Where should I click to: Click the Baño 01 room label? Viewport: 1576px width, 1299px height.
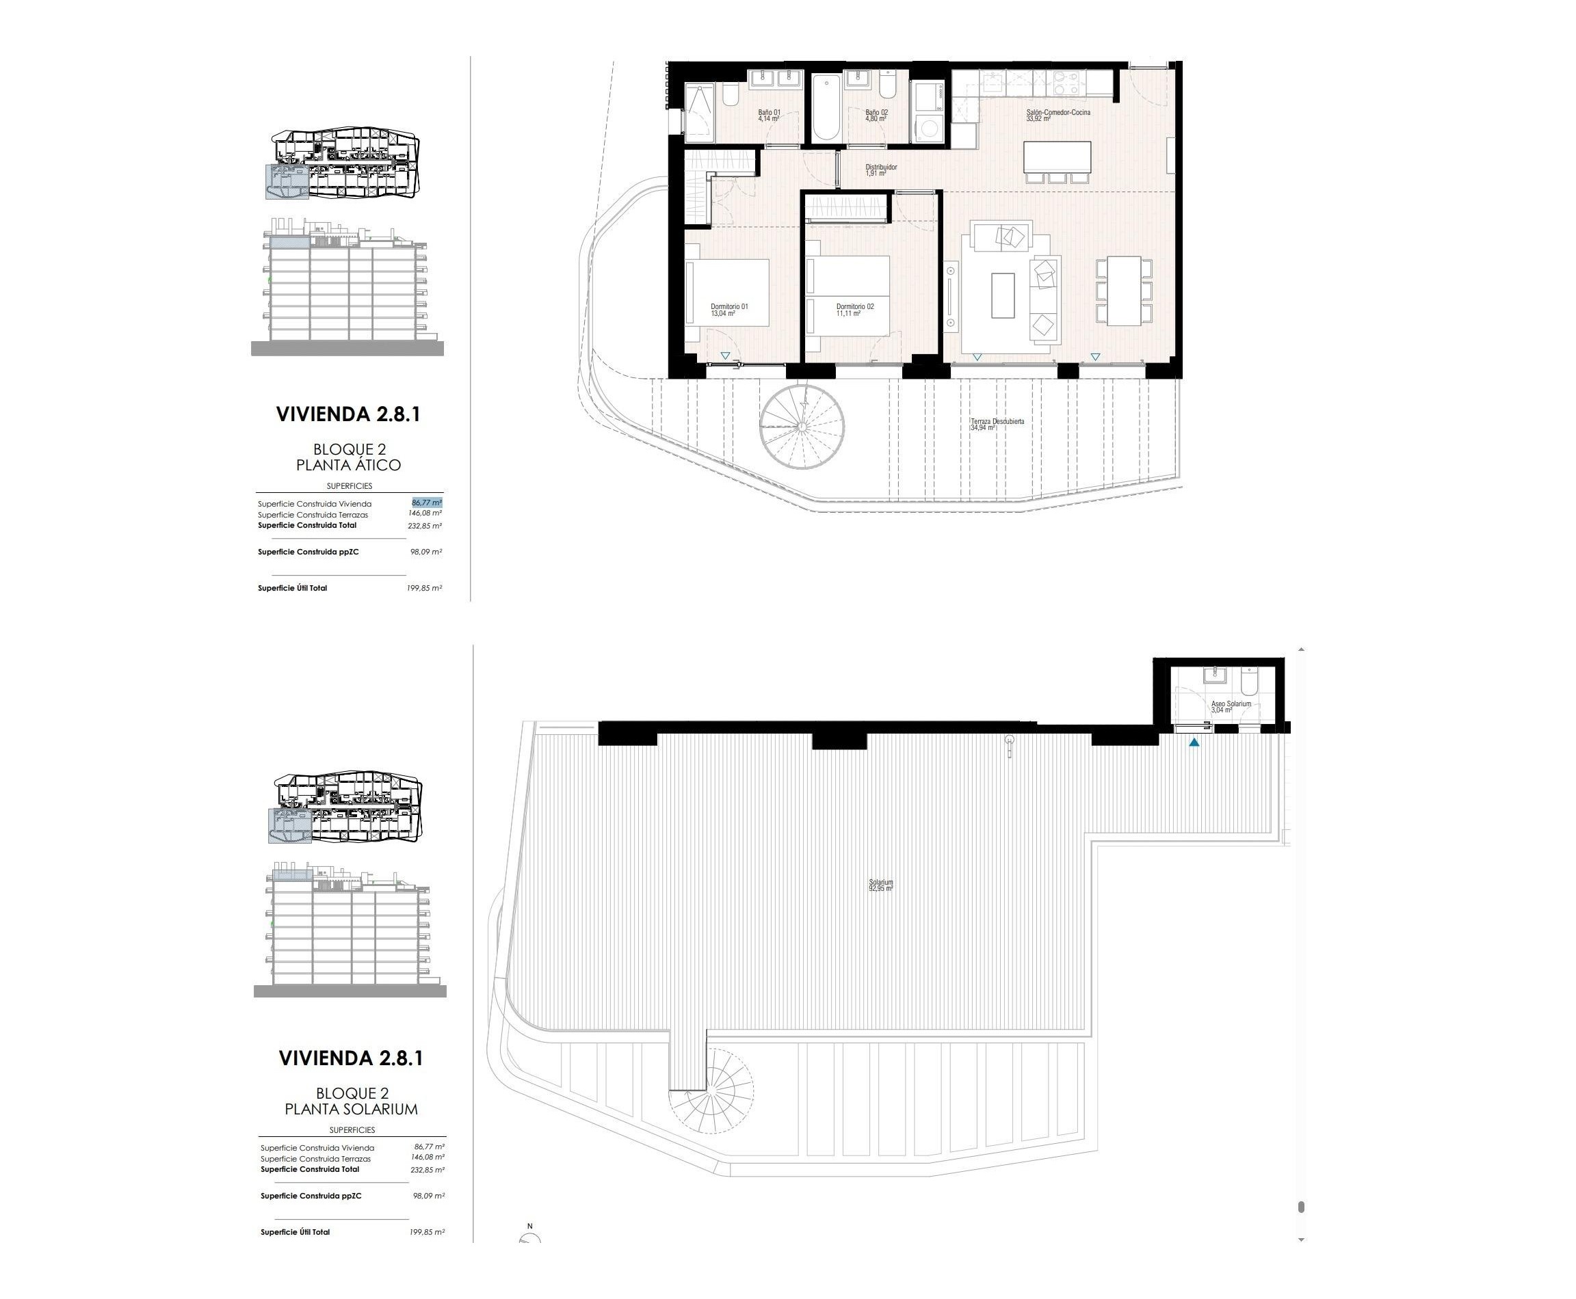coord(768,116)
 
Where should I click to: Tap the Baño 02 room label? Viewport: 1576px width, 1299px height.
coord(876,116)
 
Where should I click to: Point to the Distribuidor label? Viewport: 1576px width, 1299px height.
coord(880,170)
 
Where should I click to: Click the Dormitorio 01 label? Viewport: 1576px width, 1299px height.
coord(728,310)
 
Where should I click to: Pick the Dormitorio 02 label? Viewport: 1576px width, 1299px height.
coord(854,310)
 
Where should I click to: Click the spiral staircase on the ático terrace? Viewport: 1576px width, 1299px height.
coord(801,427)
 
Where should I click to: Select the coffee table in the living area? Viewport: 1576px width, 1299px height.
coord(1003,295)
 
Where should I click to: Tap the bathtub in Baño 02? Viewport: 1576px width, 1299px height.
coord(826,107)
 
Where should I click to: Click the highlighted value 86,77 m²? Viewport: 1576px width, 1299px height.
coord(426,503)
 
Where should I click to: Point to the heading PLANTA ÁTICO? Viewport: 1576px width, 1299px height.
coord(348,465)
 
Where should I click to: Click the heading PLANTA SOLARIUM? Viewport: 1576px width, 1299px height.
coord(350,1109)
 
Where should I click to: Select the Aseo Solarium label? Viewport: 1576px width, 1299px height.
coord(1230,706)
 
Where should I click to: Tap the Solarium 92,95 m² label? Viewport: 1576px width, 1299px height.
coord(880,885)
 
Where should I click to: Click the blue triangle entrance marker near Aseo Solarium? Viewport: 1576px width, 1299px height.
coord(1194,742)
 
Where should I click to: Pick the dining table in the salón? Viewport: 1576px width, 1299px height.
coord(1123,291)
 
